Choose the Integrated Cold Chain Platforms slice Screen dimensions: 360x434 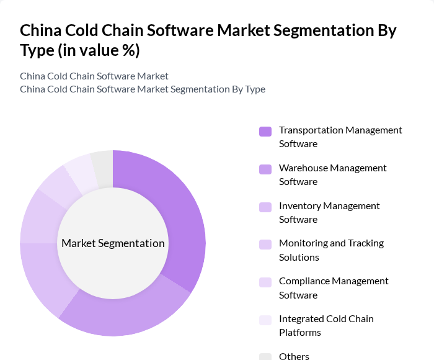tap(81, 169)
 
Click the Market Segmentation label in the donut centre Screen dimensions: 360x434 tap(113, 243)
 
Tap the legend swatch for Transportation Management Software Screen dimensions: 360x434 tap(265, 131)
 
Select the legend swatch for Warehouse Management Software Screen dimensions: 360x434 tap(265, 169)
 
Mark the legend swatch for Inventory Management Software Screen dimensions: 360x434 tap(265, 207)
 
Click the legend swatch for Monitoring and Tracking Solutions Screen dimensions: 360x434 tap(265, 244)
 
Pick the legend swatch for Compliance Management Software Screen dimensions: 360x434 tap(265, 282)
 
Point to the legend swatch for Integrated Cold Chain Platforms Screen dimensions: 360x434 tap(265, 320)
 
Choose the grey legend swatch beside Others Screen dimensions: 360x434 tap(265, 356)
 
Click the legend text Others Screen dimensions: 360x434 tap(294, 356)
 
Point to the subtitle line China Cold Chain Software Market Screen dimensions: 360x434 tap(94, 76)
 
